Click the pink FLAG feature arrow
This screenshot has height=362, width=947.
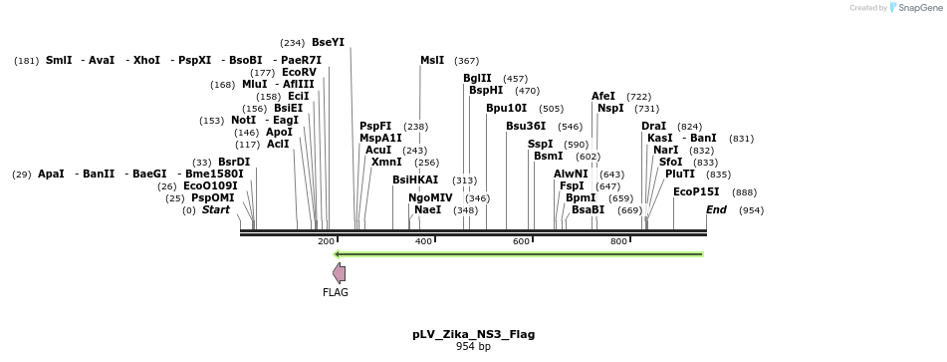[x=340, y=272]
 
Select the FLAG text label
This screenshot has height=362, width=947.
[x=336, y=292]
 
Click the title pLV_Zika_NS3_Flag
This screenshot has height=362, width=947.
[x=473, y=334]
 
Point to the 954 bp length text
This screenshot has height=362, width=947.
[x=473, y=346]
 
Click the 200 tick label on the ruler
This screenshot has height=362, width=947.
[x=326, y=242]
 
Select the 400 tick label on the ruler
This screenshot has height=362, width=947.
[x=423, y=242]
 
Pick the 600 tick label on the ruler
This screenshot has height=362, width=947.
[x=521, y=242]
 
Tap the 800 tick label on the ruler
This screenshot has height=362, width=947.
[x=618, y=242]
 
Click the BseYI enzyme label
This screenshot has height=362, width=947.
[x=328, y=42]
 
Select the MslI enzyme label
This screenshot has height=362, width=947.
[x=432, y=60]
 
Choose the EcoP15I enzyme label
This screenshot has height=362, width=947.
[x=696, y=191]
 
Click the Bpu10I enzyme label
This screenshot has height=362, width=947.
[x=506, y=108]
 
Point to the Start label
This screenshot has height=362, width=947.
[x=216, y=209]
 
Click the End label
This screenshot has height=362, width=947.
[x=716, y=209]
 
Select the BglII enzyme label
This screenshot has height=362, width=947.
[x=477, y=78]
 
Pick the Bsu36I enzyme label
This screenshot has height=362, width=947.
[x=526, y=126]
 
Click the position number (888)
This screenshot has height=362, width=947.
[x=744, y=192]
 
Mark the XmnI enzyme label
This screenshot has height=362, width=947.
[x=386, y=162]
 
